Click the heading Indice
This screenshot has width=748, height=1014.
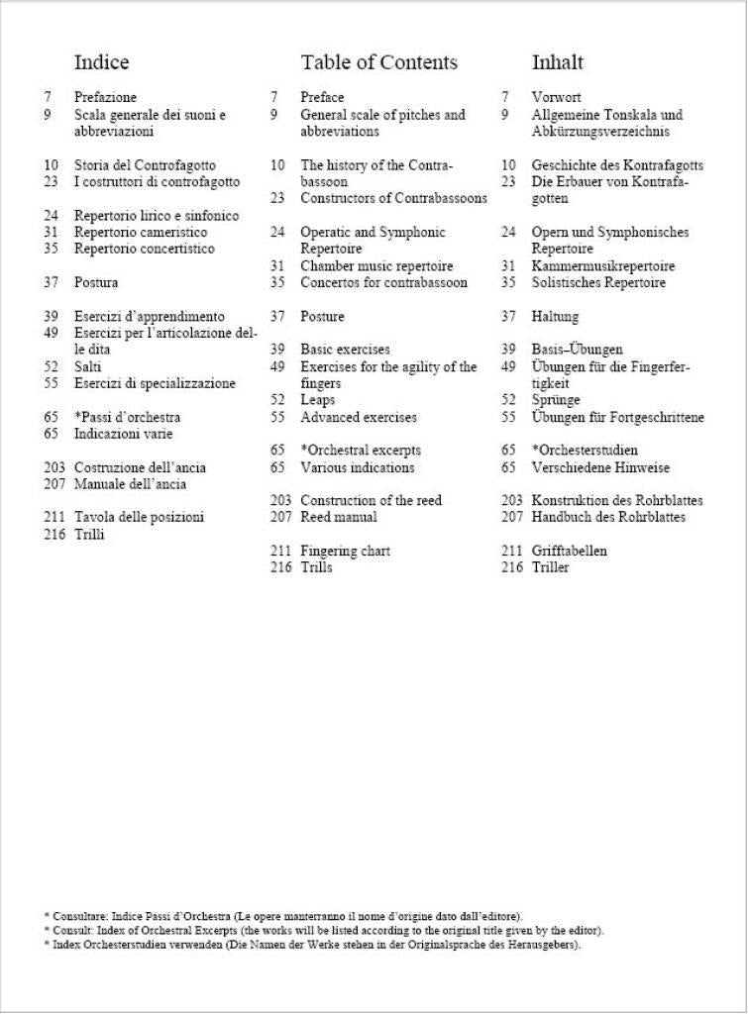[101, 62]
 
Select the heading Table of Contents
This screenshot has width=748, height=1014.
[378, 62]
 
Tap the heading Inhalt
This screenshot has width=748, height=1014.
[558, 62]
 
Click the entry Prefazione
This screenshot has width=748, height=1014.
[105, 97]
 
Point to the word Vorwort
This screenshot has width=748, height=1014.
[556, 97]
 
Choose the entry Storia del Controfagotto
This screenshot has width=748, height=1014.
[145, 165]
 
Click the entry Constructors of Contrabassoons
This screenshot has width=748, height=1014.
[393, 198]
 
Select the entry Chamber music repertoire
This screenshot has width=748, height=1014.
[376, 265]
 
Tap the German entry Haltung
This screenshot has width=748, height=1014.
[555, 316]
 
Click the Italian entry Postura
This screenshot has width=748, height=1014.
[96, 282]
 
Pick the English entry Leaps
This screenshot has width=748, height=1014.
[318, 400]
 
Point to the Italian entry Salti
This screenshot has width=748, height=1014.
[88, 366]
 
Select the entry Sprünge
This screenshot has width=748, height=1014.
[556, 400]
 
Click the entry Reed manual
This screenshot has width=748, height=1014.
[339, 517]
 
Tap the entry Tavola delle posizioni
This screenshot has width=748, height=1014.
[139, 517]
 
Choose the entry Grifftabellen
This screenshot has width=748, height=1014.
[570, 551]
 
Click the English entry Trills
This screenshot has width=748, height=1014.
[316, 567]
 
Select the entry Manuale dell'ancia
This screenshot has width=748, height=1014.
[130, 484]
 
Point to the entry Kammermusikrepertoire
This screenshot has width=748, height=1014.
[603, 265]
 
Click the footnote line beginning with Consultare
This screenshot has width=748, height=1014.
[282, 916]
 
